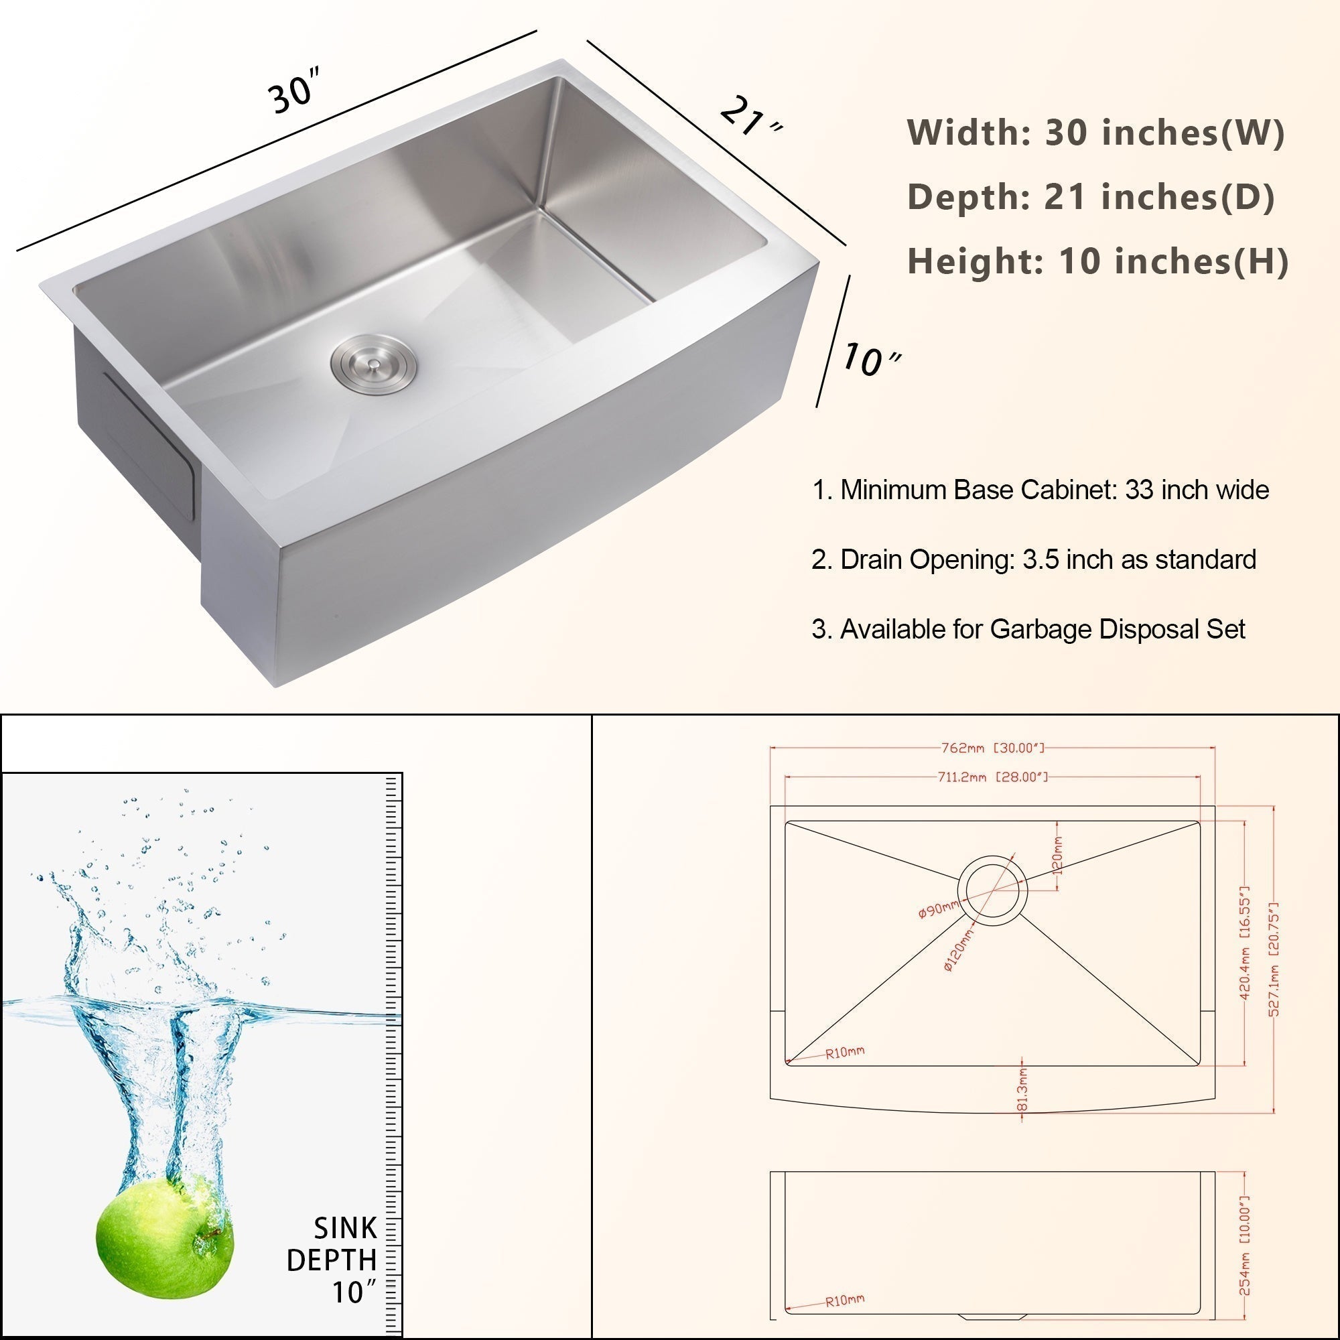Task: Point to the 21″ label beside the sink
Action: [750, 119]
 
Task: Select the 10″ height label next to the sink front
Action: [871, 359]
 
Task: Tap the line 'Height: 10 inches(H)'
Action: [1098, 261]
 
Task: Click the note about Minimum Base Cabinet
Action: [1041, 490]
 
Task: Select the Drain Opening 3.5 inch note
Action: [1033, 559]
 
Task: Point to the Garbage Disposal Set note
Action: [1028, 630]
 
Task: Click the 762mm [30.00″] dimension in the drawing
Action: [992, 748]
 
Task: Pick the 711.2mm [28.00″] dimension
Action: [992, 777]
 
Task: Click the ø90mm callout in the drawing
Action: [939, 908]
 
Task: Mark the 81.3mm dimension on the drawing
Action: [1022, 1088]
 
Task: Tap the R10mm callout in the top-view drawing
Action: [845, 1052]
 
